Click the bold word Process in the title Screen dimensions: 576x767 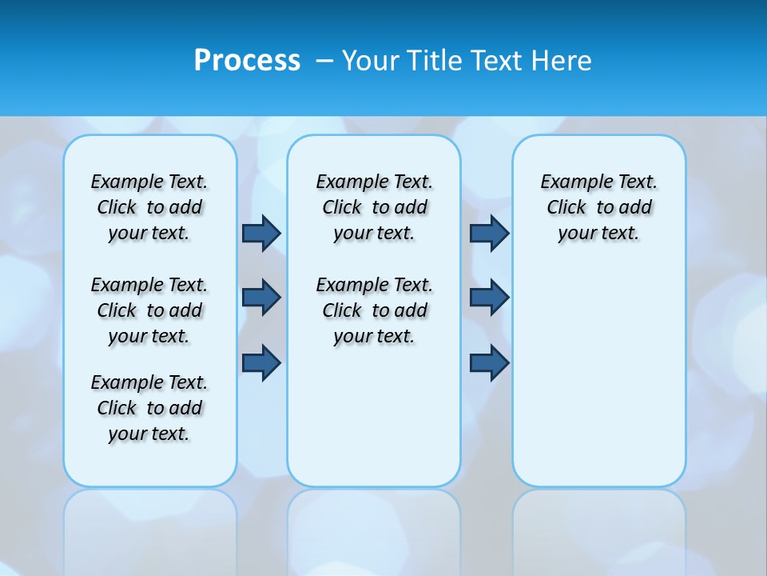point(247,61)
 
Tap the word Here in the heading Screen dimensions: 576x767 point(562,61)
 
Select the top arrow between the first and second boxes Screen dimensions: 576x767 point(261,233)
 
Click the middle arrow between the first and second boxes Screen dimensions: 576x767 point(261,298)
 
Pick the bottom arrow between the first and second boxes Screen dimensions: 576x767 point(261,363)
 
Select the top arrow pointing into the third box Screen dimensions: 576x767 point(489,233)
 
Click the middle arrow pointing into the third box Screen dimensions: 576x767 point(489,298)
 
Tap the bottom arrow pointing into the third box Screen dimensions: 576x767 point(489,363)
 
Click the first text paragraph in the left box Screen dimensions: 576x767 point(149,207)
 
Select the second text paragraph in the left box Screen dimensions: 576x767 point(149,310)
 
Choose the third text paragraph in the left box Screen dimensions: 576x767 point(149,408)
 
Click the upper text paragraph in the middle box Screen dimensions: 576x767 point(374,207)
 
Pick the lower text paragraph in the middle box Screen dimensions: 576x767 point(374,310)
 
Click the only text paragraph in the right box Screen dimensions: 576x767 point(598,207)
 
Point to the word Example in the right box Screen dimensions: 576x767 point(570,182)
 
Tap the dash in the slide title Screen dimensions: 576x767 point(324,61)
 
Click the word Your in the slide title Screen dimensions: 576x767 point(371,61)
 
